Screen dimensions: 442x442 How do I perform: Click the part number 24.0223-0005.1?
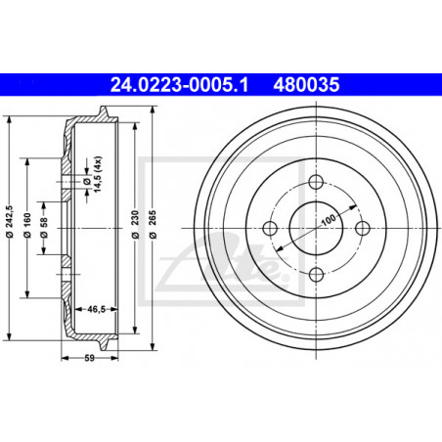(x=179, y=85)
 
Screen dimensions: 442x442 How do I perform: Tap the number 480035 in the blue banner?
(x=306, y=85)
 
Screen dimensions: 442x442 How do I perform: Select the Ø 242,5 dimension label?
(x=9, y=221)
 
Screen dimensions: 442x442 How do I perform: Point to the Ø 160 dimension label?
(x=27, y=225)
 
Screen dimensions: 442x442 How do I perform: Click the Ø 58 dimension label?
(x=43, y=228)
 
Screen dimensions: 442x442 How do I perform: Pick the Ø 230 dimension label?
(x=135, y=224)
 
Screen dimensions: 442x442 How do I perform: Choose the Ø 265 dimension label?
(x=153, y=224)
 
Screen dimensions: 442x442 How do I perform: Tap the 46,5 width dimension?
(x=96, y=309)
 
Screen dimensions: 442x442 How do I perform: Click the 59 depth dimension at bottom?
(x=89, y=358)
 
